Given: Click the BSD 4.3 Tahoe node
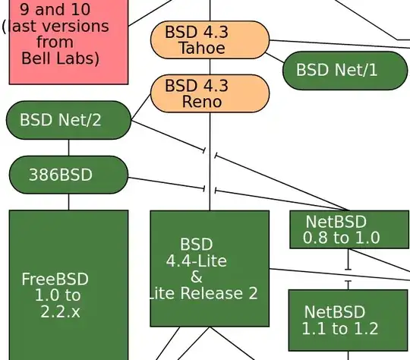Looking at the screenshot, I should point(210,40).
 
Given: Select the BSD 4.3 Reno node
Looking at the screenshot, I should point(210,93).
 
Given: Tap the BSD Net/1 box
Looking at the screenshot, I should point(345,71).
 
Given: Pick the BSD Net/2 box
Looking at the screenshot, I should point(68,120).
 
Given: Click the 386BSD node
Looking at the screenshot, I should point(68,175).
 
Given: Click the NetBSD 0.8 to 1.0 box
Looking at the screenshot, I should point(348,229).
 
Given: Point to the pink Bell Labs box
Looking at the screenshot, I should point(68,42).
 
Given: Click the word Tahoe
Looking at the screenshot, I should point(202,49).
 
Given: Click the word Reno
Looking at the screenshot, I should point(202,102).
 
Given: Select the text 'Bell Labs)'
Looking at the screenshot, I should point(60,58).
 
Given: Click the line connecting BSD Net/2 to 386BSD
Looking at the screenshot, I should point(68,148).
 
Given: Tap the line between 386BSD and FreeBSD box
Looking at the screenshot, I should point(68,202).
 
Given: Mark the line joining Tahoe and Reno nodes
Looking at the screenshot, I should point(210,67).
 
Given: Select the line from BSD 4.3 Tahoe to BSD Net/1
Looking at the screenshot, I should point(276,55).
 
